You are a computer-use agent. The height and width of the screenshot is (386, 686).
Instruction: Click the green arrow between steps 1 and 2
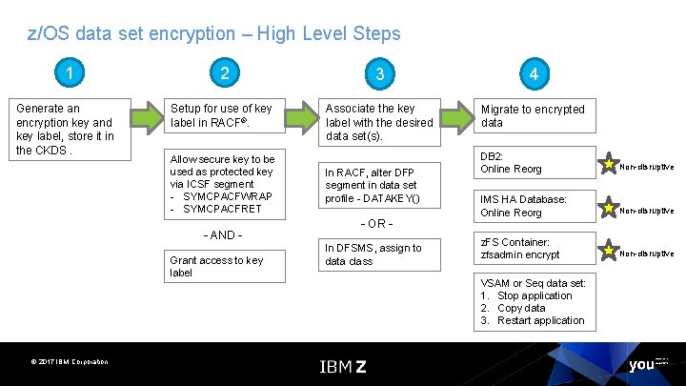(x=147, y=117)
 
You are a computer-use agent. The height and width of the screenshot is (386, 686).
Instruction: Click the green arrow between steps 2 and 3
(x=301, y=117)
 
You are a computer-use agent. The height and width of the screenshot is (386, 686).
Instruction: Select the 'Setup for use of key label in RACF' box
(x=224, y=116)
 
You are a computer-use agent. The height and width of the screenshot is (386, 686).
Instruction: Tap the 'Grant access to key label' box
(x=224, y=266)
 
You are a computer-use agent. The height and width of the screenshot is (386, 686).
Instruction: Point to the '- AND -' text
(x=223, y=234)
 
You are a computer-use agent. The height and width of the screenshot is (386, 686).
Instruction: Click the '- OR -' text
(x=378, y=224)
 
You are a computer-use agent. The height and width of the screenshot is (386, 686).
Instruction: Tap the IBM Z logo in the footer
(x=342, y=367)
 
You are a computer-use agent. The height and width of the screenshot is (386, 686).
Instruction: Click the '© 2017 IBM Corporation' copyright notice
(x=69, y=361)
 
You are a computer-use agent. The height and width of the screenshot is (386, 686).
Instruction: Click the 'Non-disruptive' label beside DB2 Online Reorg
(x=646, y=167)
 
